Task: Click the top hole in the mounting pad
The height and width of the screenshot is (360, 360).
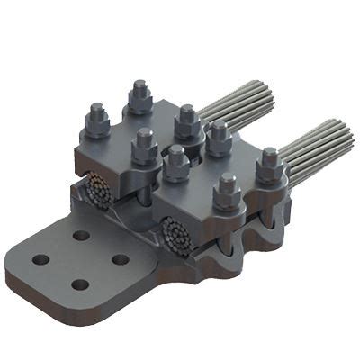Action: coord(82,235)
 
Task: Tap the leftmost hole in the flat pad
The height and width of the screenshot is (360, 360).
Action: coord(40,260)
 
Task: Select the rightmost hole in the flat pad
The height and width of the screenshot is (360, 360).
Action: coord(120,259)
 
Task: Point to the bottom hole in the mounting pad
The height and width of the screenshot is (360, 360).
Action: coord(80,284)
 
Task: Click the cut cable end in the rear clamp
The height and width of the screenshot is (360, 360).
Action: coord(99,193)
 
